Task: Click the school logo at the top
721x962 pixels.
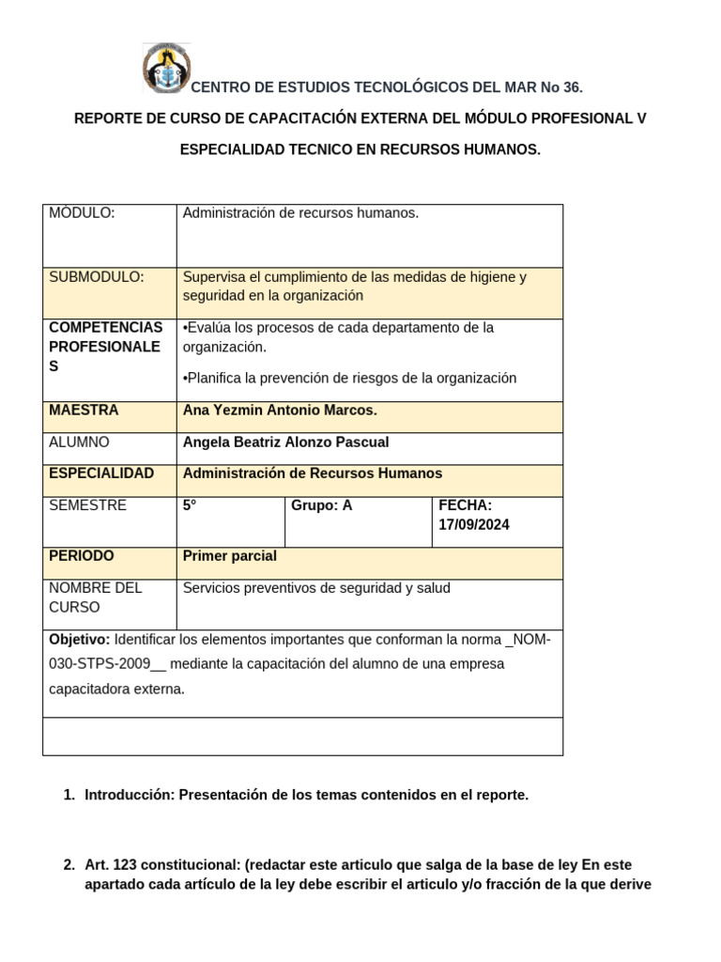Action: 166,69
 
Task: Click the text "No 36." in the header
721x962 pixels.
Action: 561,87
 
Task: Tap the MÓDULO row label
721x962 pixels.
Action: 82,213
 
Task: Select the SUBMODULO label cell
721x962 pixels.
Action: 97,277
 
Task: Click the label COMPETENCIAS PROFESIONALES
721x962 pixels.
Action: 105,347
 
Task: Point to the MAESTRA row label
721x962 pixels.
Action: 84,411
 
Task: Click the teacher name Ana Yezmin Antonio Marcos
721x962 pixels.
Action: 280,411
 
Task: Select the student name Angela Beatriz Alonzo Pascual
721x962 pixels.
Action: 285,442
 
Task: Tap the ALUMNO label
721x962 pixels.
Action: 79,442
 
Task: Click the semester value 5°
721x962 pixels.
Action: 190,505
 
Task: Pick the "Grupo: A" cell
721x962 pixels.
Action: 322,505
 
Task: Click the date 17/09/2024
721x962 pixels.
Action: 474,525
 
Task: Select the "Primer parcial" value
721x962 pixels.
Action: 230,556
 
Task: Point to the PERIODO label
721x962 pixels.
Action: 82,556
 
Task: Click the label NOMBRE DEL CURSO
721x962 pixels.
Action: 95,597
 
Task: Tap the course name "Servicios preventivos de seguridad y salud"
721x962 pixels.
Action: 316,588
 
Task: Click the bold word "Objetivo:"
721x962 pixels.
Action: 80,640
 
